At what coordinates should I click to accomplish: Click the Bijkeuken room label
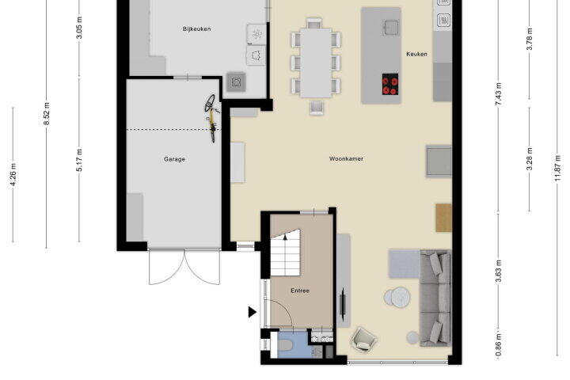tap(196, 28)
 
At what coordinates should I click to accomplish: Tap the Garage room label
tap(174, 159)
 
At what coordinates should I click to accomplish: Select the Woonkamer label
tap(346, 158)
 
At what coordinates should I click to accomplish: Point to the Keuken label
tap(416, 54)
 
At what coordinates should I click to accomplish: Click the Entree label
tap(300, 291)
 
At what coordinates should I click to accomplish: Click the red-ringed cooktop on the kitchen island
tap(390, 84)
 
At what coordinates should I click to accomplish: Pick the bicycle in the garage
tap(211, 118)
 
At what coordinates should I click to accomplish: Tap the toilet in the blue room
tap(284, 344)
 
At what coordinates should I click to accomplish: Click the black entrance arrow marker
tap(253, 312)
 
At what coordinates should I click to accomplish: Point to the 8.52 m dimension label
tap(47, 114)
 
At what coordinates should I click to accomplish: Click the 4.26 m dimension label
tap(13, 174)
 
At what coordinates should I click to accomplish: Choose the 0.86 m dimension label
tap(498, 345)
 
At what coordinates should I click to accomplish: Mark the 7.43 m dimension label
tap(499, 94)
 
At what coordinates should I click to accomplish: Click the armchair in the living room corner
tap(363, 340)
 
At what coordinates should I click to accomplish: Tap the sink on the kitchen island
tap(391, 27)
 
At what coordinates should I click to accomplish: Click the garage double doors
tap(184, 267)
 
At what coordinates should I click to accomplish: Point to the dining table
tap(316, 63)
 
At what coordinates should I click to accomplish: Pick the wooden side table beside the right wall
tap(443, 218)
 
